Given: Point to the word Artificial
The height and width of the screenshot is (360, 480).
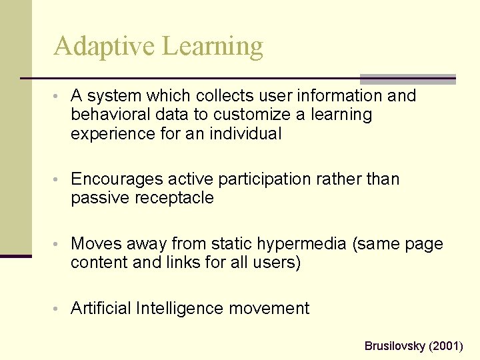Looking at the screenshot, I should point(101,309).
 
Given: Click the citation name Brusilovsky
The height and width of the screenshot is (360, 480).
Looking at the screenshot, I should point(395,346).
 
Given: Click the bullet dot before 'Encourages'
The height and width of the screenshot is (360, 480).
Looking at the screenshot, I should point(61,180).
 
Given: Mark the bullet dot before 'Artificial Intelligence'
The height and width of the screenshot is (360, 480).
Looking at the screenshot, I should point(61,309).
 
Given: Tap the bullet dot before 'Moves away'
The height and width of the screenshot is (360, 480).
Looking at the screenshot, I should point(61,245).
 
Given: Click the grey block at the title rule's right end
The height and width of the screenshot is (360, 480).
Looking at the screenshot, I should point(407,79).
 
